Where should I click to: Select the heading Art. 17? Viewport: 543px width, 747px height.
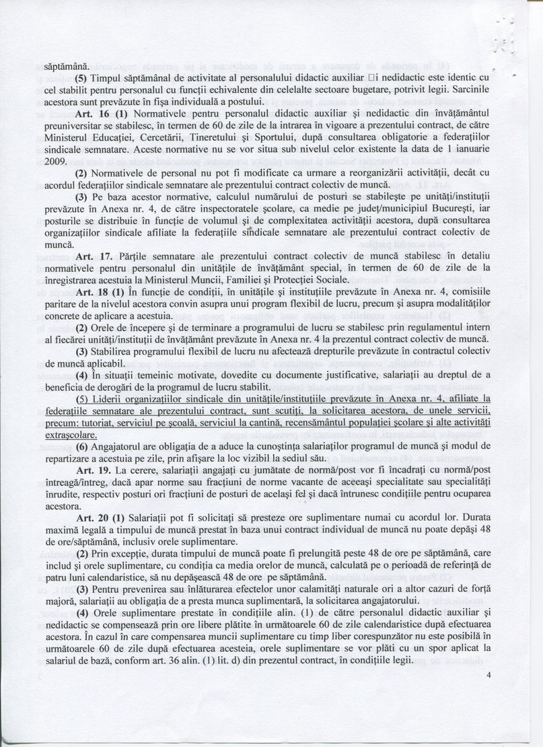pos(89,256)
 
